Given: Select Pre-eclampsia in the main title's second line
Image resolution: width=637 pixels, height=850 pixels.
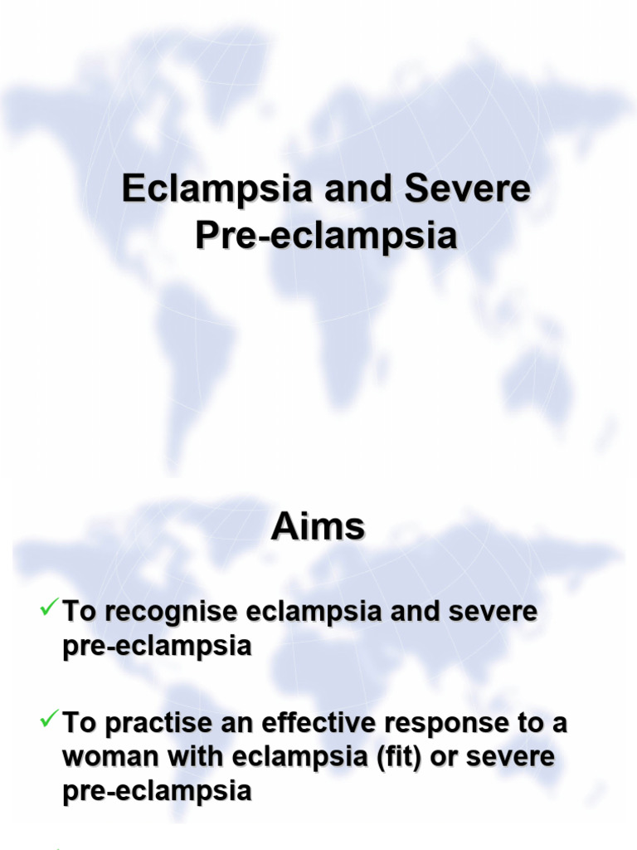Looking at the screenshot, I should coord(326,236).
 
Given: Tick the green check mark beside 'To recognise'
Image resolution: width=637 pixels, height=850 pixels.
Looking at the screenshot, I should coord(48,610).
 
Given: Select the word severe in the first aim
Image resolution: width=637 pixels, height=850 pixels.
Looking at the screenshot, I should coord(495,613).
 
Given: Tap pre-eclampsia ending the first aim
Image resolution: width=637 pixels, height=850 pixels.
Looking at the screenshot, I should coord(157,647).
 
